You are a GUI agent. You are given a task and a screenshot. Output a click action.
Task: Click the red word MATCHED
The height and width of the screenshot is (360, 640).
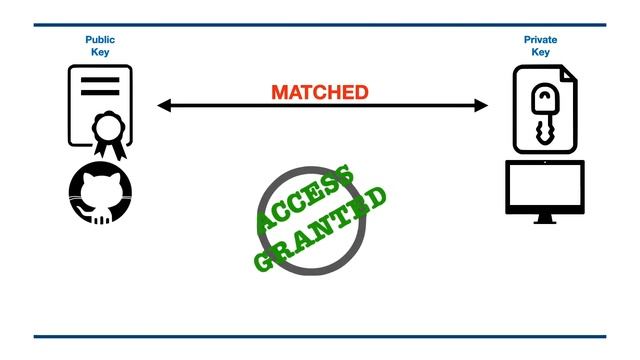[319, 93]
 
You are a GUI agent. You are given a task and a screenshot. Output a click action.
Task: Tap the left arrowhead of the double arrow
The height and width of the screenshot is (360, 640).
[164, 105]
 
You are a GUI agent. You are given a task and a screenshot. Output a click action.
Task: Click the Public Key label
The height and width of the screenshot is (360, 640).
[100, 46]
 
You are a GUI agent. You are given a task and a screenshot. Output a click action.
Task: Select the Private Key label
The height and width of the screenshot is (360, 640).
[540, 46]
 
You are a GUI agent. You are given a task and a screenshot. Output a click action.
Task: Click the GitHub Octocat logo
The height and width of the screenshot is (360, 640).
[100, 193]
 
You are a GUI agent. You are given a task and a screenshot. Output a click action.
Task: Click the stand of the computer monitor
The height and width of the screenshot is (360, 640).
[545, 217]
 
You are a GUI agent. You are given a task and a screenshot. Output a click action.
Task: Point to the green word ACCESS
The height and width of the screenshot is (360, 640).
[305, 201]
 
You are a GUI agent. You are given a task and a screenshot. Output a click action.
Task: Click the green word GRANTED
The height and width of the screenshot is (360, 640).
[320, 228]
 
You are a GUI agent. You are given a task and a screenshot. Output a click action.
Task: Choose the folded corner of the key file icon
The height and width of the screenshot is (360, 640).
[567, 75]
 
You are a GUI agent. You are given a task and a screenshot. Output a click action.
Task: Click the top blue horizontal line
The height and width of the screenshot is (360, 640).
[320, 25]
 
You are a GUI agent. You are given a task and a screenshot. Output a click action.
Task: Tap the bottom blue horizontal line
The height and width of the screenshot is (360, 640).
[320, 337]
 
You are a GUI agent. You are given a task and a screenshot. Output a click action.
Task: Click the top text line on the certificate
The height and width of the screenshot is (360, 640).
[100, 81]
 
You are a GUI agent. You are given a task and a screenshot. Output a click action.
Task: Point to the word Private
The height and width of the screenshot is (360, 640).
[540, 40]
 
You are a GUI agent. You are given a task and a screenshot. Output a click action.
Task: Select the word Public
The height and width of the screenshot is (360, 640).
[100, 40]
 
